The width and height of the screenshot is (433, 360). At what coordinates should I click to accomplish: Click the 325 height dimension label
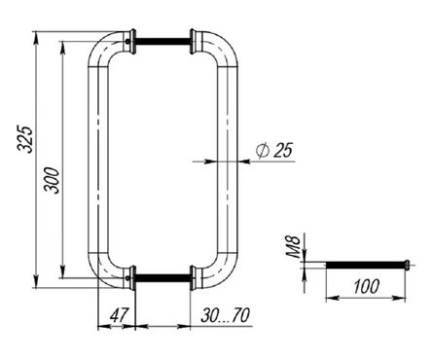(x=25, y=138)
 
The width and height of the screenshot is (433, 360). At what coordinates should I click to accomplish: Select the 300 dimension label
(x=52, y=181)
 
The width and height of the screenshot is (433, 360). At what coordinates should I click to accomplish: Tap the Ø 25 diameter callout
(x=274, y=150)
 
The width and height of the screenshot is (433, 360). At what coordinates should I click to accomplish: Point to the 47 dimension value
(x=119, y=314)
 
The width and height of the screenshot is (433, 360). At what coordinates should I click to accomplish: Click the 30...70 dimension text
(x=226, y=315)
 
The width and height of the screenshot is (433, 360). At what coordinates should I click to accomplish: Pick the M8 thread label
(x=294, y=247)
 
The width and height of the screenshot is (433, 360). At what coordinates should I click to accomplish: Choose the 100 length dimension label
(x=366, y=286)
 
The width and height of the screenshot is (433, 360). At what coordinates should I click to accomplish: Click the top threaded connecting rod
(x=162, y=41)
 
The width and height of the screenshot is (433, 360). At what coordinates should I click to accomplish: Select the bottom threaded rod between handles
(x=162, y=277)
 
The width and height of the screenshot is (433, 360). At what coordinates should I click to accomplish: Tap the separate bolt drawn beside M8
(x=368, y=265)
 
